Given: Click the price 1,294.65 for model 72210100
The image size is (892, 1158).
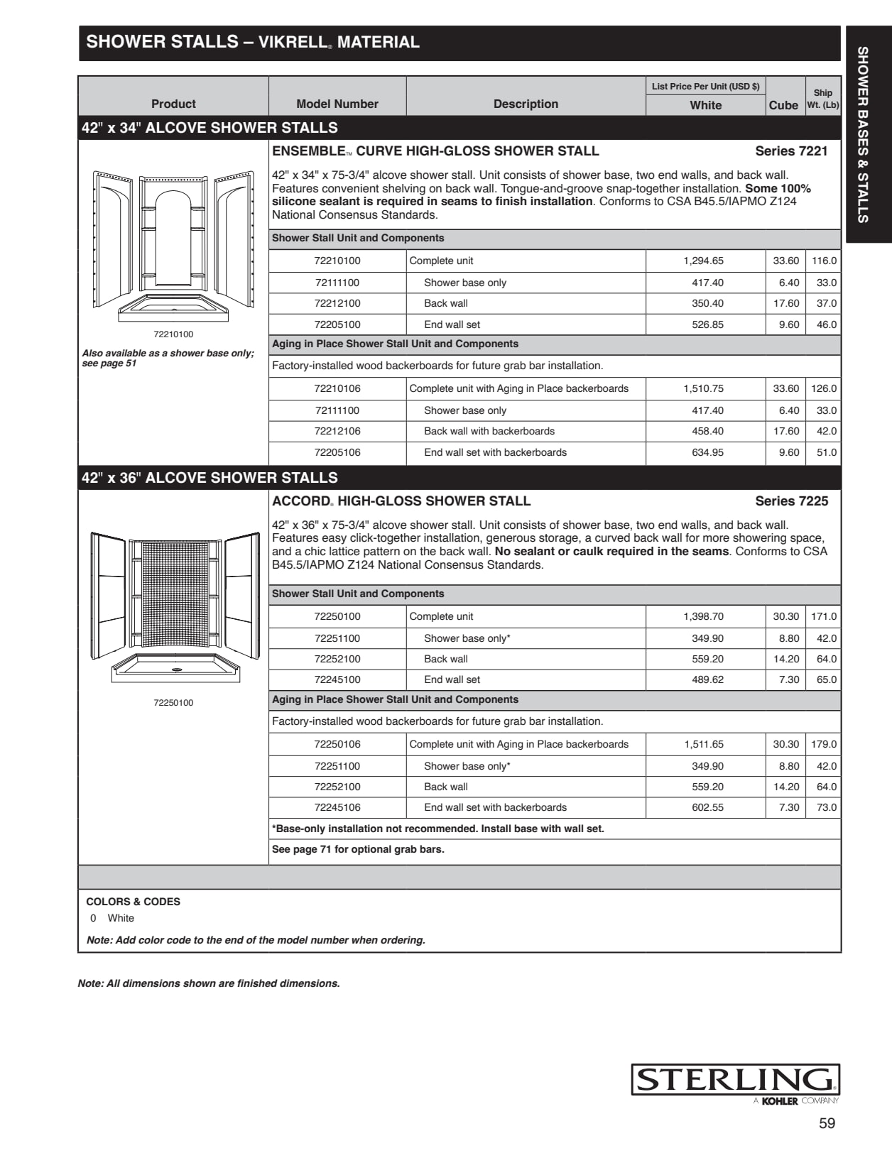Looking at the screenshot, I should [703, 261].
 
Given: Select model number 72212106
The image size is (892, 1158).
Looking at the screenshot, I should [337, 431].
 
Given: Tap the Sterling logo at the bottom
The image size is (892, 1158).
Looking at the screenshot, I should [735, 1080].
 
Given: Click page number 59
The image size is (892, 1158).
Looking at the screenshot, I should [827, 1123].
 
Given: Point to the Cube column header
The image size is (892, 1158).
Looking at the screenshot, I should [783, 105].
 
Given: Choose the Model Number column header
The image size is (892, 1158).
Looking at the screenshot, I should [337, 104].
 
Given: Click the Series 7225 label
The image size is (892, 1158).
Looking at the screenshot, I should [791, 501].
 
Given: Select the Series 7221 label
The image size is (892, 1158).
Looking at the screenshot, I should [791, 151].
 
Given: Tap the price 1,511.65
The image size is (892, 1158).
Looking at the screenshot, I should [704, 744].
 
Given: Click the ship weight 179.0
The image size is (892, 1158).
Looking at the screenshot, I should [824, 744].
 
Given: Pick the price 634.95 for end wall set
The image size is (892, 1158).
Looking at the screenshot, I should [707, 452].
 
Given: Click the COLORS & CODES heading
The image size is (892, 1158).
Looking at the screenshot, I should [133, 902].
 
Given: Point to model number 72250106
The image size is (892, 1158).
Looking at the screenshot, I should [337, 744].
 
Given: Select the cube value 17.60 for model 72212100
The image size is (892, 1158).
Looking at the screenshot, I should [786, 303].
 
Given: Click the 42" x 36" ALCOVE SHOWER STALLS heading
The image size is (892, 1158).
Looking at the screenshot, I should [210, 478].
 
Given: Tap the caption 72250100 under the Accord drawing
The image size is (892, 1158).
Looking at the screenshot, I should [173, 703].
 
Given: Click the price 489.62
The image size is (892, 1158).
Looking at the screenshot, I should [707, 679].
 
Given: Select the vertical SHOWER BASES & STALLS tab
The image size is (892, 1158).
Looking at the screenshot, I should [863, 135].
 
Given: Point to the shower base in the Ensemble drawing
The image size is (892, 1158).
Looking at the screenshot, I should [173, 307].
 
